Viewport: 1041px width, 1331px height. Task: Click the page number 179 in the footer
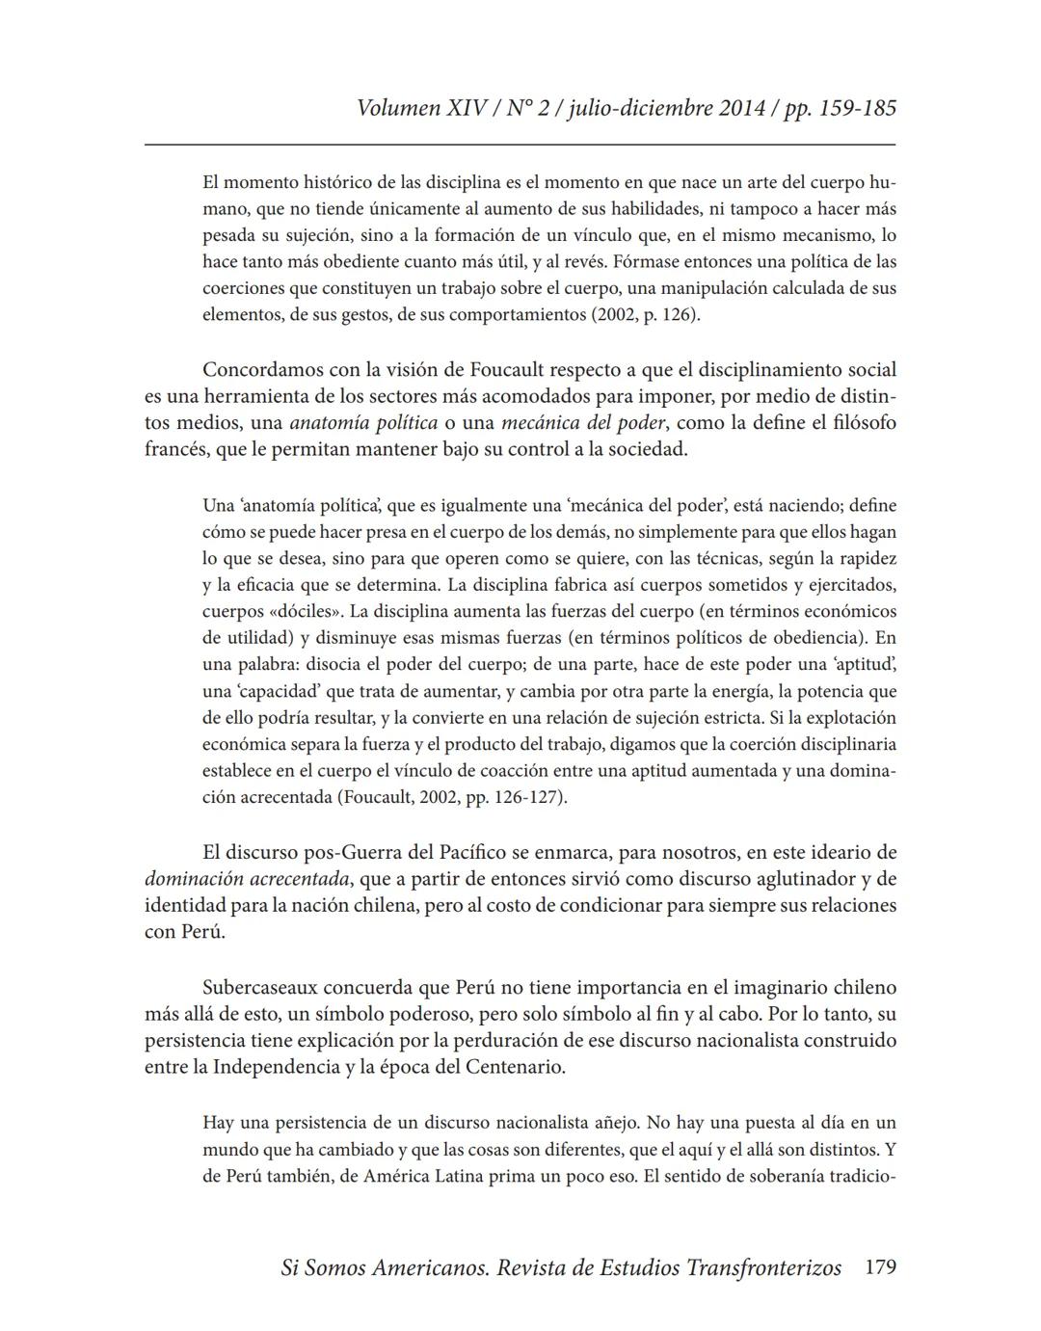(880, 1267)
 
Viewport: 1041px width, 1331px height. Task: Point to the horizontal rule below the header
(520, 145)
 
